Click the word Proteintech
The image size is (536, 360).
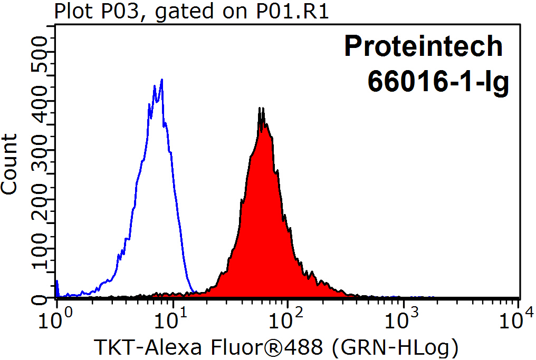pos(423,46)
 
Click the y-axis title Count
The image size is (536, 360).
pos(10,164)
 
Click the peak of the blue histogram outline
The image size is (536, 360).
pos(161,80)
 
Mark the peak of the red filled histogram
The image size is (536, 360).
pos(260,109)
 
